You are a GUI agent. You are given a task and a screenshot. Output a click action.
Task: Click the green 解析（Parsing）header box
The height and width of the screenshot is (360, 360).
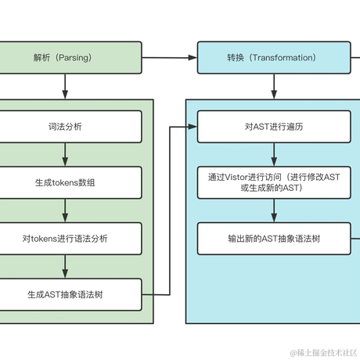[x=70, y=58]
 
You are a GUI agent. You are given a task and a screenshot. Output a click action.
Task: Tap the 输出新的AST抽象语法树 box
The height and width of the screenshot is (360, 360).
[x=272, y=238]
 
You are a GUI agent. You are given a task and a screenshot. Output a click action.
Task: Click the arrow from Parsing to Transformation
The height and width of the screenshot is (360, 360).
[x=169, y=58]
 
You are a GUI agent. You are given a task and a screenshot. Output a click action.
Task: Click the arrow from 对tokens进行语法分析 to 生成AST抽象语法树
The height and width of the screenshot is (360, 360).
[x=65, y=266]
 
